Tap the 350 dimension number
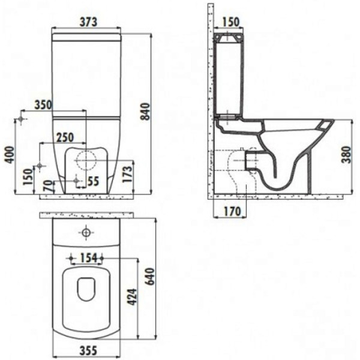pyautogui.click(x=43, y=104)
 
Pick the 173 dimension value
pyautogui.click(x=127, y=173)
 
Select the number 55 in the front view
pyautogui.click(x=93, y=180)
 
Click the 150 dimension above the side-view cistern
pyautogui.click(x=230, y=22)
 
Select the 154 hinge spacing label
pyautogui.click(x=87, y=258)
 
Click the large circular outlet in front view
pyautogui.click(x=86, y=160)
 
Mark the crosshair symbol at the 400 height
pyautogui.click(x=22, y=120)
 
